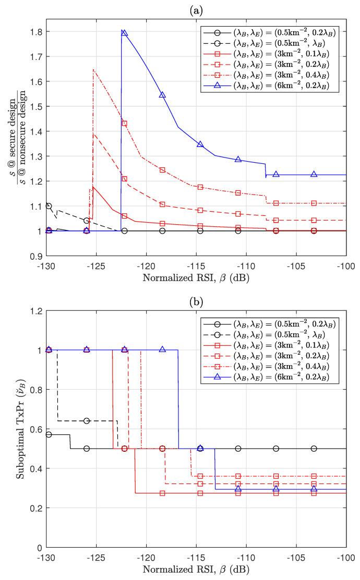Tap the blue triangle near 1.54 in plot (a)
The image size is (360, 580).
pos(162,95)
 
